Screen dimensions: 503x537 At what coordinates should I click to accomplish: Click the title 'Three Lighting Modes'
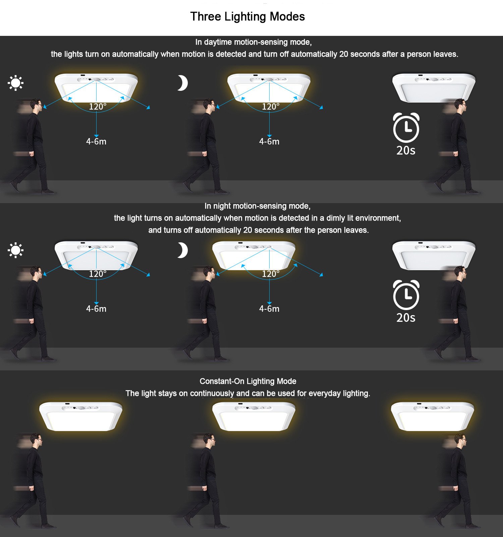(247, 16)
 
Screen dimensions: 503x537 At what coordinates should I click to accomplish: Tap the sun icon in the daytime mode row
(15, 83)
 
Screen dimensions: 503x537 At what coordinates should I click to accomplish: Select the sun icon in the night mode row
(15, 250)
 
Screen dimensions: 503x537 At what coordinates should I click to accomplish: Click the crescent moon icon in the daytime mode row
(183, 83)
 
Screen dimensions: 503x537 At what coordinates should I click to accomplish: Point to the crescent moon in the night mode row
(183, 250)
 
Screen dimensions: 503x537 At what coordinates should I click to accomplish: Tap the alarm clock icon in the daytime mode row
(406, 128)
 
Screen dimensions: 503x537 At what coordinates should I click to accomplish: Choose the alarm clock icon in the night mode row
(406, 295)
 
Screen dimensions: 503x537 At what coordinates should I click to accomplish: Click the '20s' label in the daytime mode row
(406, 151)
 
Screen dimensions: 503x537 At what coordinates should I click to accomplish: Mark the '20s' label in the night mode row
(406, 318)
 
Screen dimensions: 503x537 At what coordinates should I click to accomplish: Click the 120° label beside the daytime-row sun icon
(98, 107)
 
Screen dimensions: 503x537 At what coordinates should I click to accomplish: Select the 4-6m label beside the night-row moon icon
(269, 309)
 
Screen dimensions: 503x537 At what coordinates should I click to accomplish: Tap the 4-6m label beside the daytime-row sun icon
(96, 141)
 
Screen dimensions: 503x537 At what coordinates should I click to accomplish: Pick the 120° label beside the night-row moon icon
(271, 274)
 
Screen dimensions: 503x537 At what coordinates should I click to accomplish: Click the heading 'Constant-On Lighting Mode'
(248, 381)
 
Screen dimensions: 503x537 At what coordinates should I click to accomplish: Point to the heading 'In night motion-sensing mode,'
(258, 206)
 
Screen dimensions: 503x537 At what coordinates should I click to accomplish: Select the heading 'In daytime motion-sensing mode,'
(254, 42)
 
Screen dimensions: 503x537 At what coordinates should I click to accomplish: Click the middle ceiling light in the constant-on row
(254, 417)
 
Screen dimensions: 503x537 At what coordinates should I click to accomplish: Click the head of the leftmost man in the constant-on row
(36, 440)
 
